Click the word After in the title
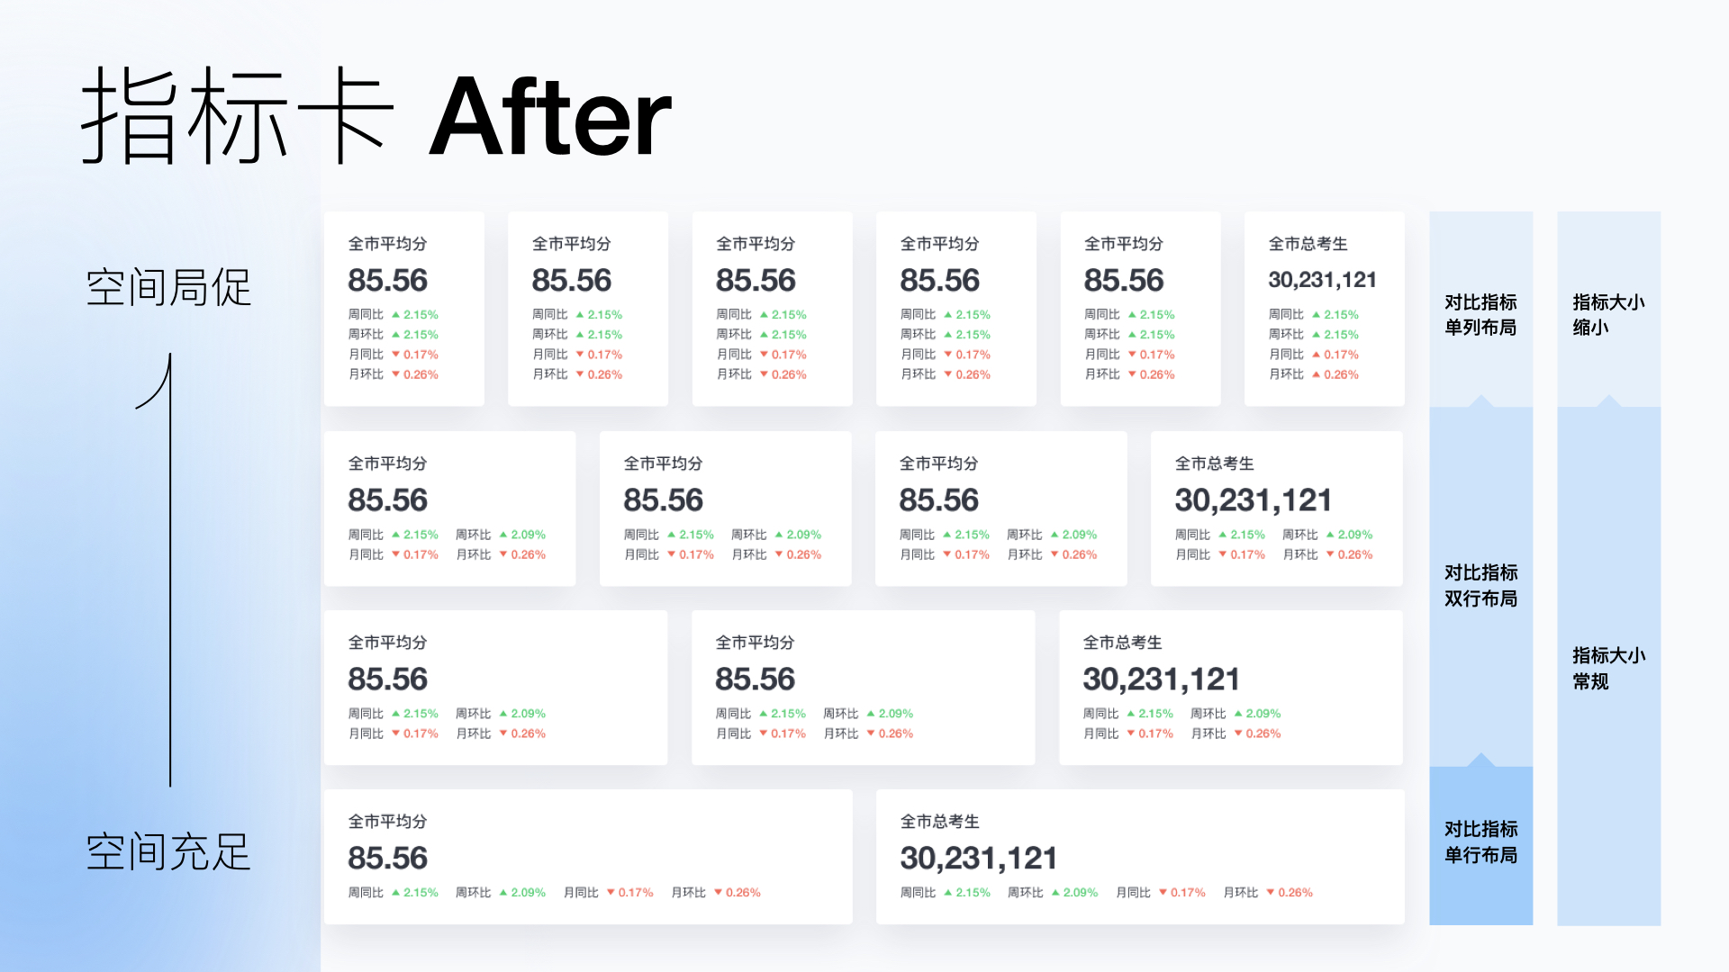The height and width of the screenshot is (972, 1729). [550, 117]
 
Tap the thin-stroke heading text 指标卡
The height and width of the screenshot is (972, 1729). [238, 115]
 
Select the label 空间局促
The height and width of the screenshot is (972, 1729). [168, 287]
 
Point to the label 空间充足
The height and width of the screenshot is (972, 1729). [168, 851]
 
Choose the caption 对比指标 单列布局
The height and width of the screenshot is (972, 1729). [1480, 314]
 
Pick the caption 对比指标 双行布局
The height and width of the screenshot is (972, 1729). [1480, 585]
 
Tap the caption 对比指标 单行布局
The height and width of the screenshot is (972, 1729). [1480, 841]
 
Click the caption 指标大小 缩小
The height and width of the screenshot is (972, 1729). [1608, 314]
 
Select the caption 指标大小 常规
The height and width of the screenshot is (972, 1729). [1608, 668]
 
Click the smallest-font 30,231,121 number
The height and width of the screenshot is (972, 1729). [1322, 280]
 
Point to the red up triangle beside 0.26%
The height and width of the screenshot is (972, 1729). [1317, 374]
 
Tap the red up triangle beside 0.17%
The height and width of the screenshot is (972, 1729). [1317, 355]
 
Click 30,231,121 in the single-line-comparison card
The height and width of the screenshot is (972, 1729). [978, 858]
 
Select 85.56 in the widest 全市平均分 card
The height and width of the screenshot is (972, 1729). [388, 858]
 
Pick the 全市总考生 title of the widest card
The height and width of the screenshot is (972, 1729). [940, 822]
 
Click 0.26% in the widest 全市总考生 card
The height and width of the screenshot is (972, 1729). [1295, 893]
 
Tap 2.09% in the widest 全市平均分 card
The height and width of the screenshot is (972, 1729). [529, 893]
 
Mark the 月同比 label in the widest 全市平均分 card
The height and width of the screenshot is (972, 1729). [581, 893]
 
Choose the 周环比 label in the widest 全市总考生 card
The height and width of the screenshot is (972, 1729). [1025, 893]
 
